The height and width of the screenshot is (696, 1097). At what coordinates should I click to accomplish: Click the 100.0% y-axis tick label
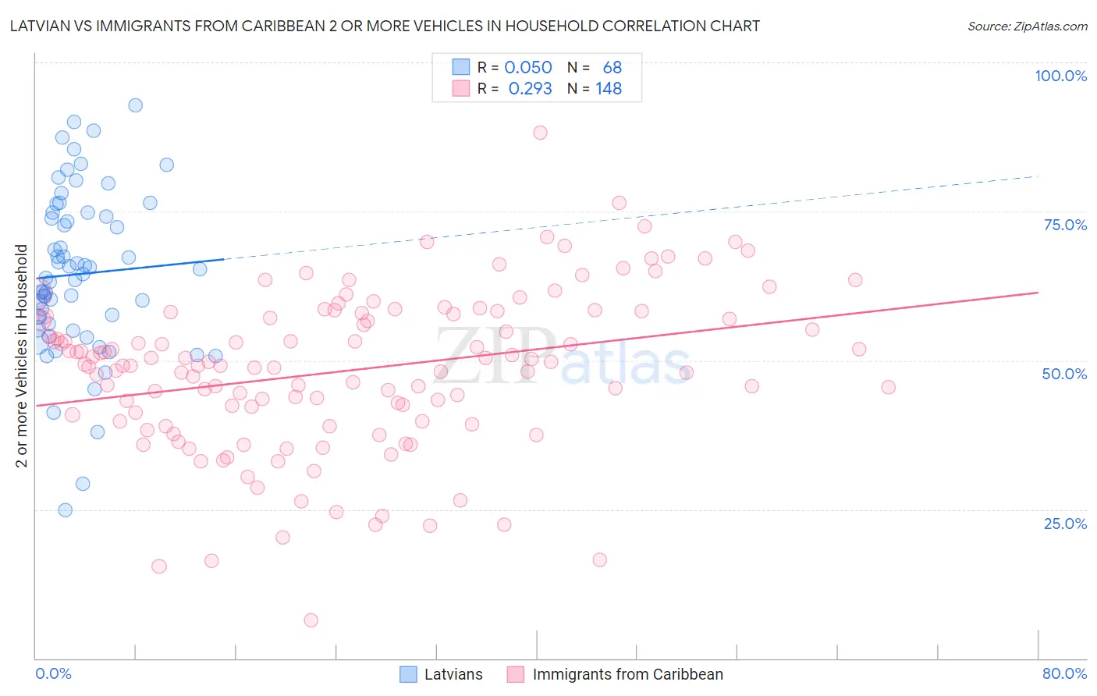(1060, 76)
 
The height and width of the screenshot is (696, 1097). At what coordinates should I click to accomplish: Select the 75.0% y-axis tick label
(1065, 225)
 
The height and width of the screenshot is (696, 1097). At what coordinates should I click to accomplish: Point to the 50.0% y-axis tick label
(1064, 374)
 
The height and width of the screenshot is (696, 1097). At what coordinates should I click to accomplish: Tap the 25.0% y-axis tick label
(1065, 523)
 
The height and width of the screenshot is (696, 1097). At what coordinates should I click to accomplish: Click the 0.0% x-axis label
(53, 673)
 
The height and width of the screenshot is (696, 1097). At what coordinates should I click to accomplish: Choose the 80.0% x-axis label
(1064, 673)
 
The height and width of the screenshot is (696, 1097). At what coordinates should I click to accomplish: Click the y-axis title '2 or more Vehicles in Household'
(22, 356)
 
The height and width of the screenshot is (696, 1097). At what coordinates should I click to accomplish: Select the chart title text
(385, 26)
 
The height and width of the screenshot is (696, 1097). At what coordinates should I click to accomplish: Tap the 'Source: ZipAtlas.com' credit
(1027, 26)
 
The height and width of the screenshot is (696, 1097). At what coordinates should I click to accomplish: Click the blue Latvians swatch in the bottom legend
(409, 674)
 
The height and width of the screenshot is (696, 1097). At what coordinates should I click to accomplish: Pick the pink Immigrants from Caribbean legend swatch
(516, 674)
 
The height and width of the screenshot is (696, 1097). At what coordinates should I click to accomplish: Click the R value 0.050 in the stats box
(528, 68)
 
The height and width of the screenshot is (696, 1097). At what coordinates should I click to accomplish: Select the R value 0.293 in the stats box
(530, 89)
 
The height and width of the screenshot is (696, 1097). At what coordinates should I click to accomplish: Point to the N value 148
(609, 89)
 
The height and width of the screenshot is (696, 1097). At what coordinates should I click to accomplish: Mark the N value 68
(612, 68)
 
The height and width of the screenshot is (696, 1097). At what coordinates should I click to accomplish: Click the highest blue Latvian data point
(136, 105)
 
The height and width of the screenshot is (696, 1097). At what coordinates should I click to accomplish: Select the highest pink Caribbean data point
(540, 133)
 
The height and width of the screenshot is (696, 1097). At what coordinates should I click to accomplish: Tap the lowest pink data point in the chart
(311, 620)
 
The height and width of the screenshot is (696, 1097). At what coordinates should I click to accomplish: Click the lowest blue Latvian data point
(66, 510)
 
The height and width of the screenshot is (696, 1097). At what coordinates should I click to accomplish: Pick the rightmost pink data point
(888, 387)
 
